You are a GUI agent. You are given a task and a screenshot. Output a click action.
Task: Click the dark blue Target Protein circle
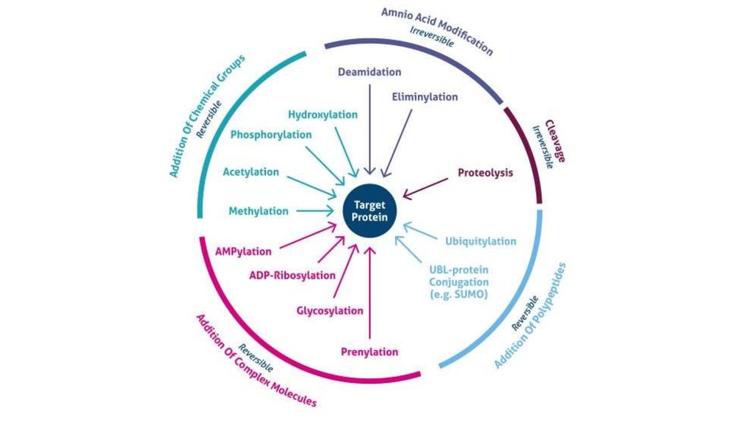[x=370, y=211]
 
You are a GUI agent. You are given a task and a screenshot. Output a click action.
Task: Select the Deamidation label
[x=369, y=72]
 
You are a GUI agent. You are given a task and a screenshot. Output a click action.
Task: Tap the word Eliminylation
[x=424, y=97]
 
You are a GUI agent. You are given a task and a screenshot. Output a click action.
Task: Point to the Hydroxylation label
[x=322, y=115]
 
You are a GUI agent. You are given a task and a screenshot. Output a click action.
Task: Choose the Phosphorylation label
[x=271, y=135]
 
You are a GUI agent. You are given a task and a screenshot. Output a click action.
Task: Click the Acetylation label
[x=251, y=172]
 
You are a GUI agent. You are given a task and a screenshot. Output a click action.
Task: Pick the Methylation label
[x=258, y=211]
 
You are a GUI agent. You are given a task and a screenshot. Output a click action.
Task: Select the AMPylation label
[x=243, y=251]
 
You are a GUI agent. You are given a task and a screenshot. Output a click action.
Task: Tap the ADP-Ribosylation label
[x=292, y=276]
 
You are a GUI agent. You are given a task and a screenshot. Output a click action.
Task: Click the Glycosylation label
[x=330, y=310]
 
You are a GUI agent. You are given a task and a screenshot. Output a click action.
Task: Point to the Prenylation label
[x=369, y=352]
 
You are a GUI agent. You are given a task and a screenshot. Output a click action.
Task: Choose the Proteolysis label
[x=485, y=174]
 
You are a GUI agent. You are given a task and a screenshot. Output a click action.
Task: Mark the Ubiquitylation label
[x=481, y=241]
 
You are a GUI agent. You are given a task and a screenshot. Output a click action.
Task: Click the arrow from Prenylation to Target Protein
[x=370, y=294]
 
